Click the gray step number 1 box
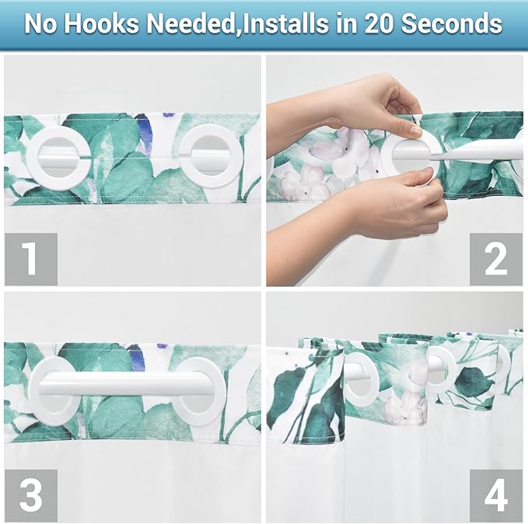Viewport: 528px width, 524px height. coord(30,259)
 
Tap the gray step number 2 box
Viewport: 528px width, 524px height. coord(495,259)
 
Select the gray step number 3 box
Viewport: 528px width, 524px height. coord(30,495)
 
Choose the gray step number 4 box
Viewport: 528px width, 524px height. coord(495,495)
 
